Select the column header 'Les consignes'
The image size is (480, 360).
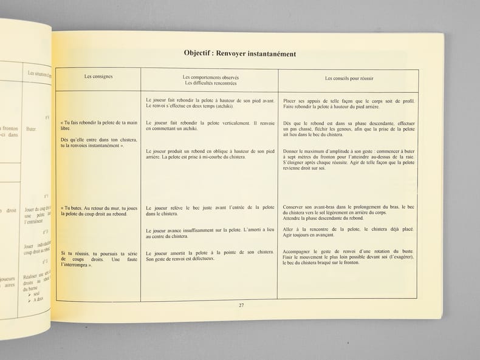[98, 76]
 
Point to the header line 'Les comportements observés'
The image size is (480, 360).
[210, 78]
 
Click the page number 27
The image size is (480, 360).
[241, 305]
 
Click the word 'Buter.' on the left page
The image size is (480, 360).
[32, 129]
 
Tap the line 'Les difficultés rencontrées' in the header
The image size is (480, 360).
[210, 83]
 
